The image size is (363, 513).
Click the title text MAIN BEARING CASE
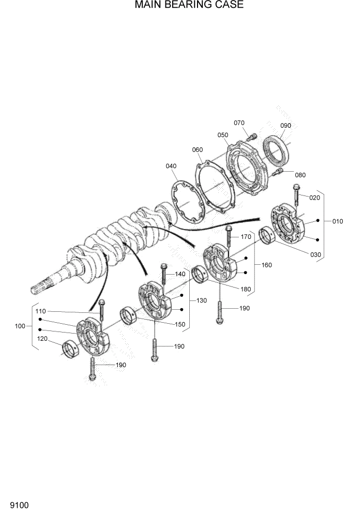(x=182, y=6)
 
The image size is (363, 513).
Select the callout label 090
(x=285, y=126)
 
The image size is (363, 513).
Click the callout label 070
(x=239, y=123)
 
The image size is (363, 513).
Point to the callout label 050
(x=223, y=135)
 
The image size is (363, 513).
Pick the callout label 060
(x=197, y=150)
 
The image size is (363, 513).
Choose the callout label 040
(x=171, y=166)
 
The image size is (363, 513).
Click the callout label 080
(x=299, y=175)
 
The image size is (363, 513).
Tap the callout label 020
(x=315, y=198)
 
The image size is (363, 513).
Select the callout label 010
(x=338, y=221)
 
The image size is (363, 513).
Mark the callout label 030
(x=315, y=254)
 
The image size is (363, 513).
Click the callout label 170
(x=246, y=237)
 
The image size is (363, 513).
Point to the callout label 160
(x=267, y=265)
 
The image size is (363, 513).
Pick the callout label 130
(x=201, y=300)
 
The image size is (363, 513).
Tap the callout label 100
(x=20, y=326)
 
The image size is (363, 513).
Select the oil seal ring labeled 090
(x=276, y=150)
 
